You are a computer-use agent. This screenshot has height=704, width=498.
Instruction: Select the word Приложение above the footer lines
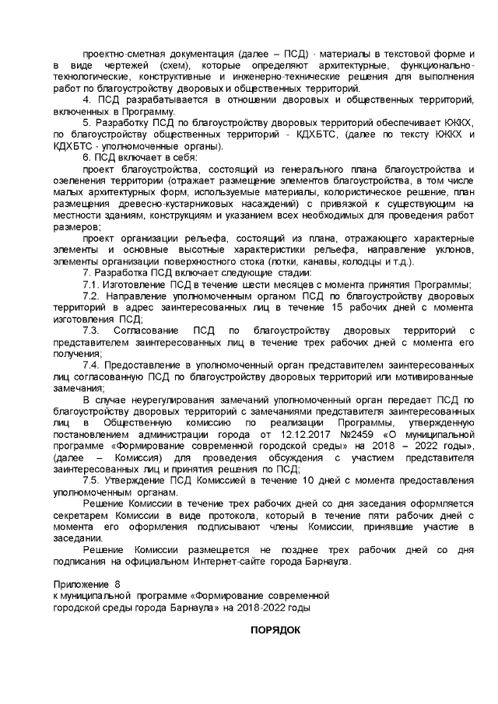[x=79, y=582]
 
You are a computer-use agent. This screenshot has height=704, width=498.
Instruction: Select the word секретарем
[x=79, y=517]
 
